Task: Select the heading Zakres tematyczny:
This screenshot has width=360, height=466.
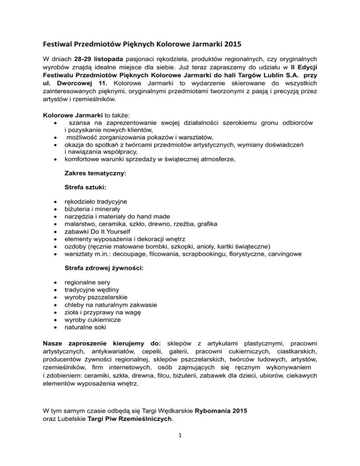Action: click(95, 173)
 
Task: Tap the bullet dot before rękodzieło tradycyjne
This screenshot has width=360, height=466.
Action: click(56, 202)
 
